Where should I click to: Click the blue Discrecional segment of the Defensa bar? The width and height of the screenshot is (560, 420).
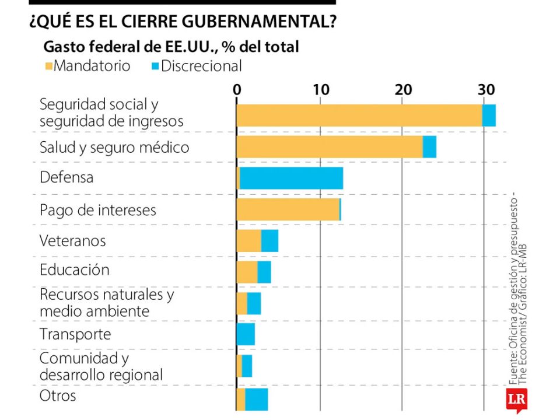(291, 178)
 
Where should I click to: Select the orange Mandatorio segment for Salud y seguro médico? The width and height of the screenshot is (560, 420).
(330, 146)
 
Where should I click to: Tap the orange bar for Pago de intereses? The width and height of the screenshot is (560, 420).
(288, 209)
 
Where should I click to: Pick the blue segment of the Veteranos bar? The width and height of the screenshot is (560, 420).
(269, 240)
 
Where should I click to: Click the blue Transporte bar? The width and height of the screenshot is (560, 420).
(246, 334)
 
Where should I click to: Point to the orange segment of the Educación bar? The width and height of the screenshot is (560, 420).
(247, 272)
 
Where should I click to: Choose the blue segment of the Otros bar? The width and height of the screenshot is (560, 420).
(257, 399)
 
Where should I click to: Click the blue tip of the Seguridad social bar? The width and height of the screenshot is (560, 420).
(489, 115)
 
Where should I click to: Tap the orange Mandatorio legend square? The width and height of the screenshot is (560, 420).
(48, 65)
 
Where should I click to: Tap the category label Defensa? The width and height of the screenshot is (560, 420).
(66, 177)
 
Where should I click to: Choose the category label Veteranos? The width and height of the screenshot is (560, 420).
(73, 240)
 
